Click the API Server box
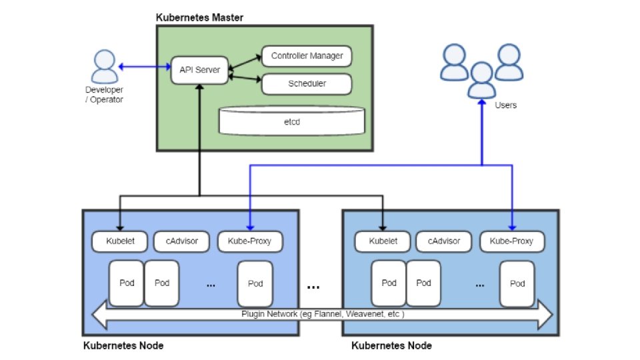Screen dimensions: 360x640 point(199,69)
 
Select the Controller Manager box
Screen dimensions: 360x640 point(307,56)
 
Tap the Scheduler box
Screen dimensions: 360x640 point(307,84)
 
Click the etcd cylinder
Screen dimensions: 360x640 point(292,122)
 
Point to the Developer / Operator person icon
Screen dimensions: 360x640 point(103,65)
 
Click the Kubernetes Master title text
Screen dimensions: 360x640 point(199,17)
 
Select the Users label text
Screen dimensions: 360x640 point(505,105)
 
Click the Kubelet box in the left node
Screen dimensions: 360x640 point(121,241)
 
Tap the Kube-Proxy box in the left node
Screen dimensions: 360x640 point(249,241)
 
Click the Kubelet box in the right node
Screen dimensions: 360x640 point(382,241)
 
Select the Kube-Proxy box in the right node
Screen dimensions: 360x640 point(511,241)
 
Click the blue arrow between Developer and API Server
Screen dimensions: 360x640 point(145,66)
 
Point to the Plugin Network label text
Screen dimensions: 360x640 point(323,313)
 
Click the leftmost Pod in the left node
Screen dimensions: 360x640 point(127,283)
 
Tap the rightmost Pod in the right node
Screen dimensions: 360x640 point(517,283)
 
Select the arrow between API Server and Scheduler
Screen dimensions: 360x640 point(245,79)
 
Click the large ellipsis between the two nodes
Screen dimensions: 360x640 point(313,287)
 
